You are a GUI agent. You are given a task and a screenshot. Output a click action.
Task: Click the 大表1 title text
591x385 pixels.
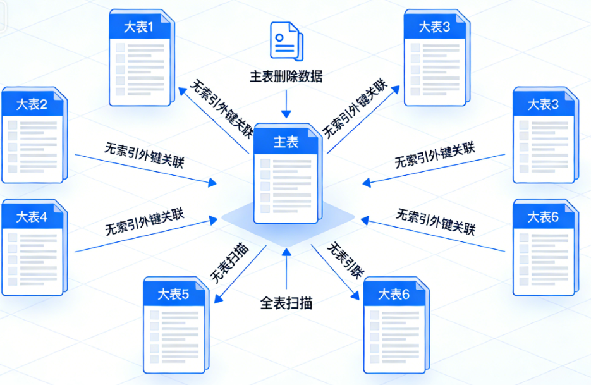tap(138, 27)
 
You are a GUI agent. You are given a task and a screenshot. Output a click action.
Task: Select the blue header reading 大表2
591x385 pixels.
tap(32, 104)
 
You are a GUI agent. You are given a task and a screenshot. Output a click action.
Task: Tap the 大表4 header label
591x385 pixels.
tap(32, 217)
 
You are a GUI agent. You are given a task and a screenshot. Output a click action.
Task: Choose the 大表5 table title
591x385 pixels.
tap(173, 294)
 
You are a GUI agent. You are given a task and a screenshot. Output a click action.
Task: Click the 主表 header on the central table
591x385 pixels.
tap(286, 142)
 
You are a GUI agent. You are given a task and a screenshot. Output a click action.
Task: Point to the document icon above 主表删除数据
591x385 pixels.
tap(286, 41)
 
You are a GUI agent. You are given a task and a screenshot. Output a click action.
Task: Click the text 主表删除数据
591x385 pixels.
tap(286, 76)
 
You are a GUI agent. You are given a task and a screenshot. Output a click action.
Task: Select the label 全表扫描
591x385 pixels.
tap(286, 303)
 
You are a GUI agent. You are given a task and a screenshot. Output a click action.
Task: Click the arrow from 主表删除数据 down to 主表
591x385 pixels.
tap(286, 104)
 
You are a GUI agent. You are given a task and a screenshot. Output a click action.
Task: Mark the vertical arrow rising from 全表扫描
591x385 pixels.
tap(286, 269)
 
